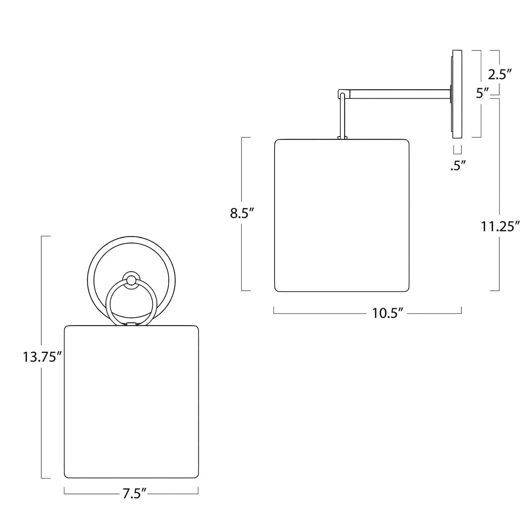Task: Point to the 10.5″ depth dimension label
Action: (388, 313)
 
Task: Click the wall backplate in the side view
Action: (457, 94)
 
